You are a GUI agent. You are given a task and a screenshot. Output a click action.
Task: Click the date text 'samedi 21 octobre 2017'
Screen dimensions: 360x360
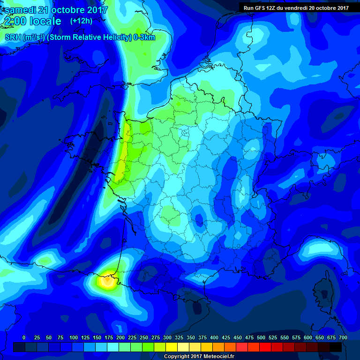pos(56,10)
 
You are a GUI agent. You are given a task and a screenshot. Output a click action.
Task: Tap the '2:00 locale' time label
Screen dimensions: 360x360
pos(33,21)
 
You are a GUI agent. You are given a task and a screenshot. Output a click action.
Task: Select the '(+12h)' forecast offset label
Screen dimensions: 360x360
pos(81,21)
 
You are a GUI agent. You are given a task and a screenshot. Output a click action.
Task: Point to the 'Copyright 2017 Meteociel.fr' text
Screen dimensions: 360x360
pos(199,357)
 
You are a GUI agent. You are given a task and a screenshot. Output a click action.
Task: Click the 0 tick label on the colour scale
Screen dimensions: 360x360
pos(24,338)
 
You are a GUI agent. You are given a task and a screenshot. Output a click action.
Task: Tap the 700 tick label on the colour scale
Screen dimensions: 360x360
pos(343,338)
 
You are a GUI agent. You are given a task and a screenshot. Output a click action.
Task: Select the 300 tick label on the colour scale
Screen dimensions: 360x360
pos(167,338)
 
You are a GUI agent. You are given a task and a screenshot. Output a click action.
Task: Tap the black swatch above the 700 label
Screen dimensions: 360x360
pos(336,347)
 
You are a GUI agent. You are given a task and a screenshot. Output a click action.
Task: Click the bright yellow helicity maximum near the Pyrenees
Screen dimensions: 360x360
pos(107,281)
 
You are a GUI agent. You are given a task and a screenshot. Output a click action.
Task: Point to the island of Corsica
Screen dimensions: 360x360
pos(323,291)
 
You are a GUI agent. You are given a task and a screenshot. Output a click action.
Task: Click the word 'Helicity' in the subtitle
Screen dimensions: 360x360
pos(113,37)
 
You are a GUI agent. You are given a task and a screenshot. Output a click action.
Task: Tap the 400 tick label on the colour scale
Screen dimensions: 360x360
pos(214,338)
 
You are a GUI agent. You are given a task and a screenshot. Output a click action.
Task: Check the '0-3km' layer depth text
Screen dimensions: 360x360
pos(144,37)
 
